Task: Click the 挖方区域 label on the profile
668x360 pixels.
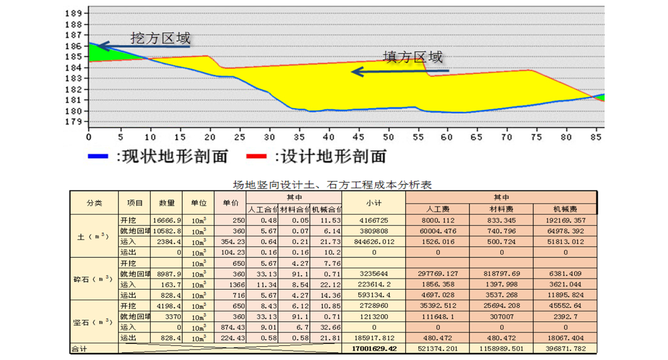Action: pos(160,39)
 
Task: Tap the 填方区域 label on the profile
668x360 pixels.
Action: pos(413,57)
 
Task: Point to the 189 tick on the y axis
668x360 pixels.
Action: pos(74,13)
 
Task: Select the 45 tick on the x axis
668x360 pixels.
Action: pos(358,137)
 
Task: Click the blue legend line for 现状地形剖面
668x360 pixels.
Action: pos(98,156)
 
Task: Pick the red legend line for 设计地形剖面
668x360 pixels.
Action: pos(256,156)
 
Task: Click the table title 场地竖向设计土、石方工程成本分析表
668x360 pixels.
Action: pos(332,185)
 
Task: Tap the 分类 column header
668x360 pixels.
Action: pos(94,203)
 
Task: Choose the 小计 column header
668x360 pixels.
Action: pos(374,203)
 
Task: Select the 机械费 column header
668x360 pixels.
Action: pos(565,209)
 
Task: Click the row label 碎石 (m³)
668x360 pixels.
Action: pos(93,279)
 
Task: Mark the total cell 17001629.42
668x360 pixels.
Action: pos(374,349)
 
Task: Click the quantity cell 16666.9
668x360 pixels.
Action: pos(167,221)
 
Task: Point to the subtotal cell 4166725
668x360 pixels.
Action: pos(374,221)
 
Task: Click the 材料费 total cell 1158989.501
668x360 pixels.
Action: pos(501,349)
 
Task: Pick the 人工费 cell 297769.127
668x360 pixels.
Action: pos(437,274)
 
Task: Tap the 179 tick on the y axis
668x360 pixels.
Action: pos(74,122)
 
